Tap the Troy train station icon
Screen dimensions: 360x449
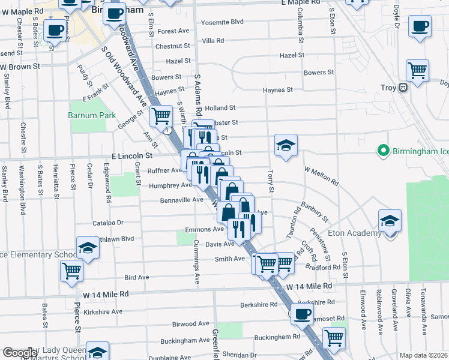point(403,87)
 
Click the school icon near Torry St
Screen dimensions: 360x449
point(286,145)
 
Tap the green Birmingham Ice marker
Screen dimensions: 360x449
point(382,150)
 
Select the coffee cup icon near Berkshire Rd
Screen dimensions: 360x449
point(302,313)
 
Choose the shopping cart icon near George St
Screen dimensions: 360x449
point(160,115)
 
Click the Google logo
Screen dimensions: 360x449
point(20,353)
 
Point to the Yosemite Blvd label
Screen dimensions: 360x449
point(223,22)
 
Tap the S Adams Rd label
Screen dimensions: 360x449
point(197,94)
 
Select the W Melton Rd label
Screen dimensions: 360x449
point(322,175)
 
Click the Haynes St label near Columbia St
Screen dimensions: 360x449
point(277,90)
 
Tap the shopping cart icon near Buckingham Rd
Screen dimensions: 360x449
point(334,337)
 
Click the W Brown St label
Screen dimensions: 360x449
point(20,66)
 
